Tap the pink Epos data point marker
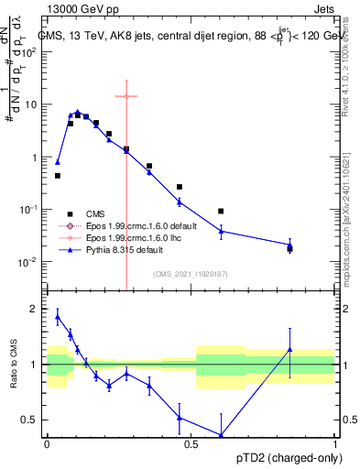pos(126,95)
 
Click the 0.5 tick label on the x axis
pos(191,443)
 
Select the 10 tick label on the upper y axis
pos(30,104)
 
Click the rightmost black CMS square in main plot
pos(290,248)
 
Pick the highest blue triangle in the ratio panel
pos(58,317)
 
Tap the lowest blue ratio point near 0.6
pos(221,435)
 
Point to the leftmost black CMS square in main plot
pos(58,175)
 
